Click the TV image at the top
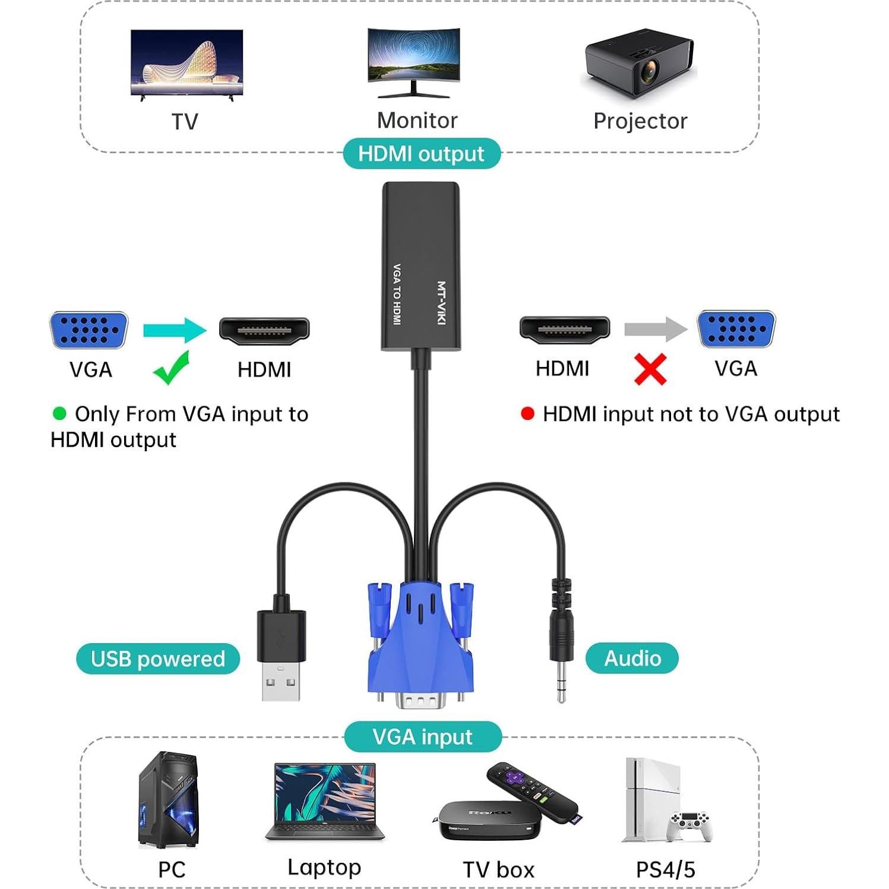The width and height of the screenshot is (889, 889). click(186, 64)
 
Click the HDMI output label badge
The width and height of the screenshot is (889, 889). click(422, 154)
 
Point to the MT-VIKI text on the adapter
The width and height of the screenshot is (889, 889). click(441, 303)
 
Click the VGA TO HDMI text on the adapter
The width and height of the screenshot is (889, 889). click(397, 294)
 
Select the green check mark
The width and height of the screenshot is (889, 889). click(172, 368)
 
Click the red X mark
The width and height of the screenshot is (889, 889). click(650, 369)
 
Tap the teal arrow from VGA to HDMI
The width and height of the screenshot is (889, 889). click(175, 330)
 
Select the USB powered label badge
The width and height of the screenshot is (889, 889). click(158, 659)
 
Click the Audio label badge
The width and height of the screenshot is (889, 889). click(632, 658)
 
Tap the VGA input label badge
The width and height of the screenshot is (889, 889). click(422, 737)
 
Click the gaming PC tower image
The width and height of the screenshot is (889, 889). click(169, 800)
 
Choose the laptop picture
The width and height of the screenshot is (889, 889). click(325, 802)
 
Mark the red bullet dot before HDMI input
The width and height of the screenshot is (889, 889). click(527, 413)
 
